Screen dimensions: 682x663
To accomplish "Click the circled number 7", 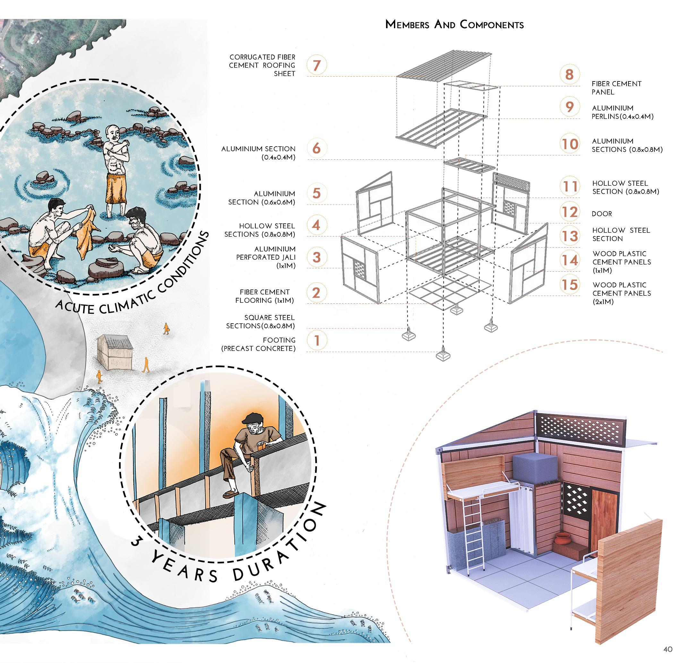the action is pyautogui.click(x=316, y=65).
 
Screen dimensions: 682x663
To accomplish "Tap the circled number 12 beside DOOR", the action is pyautogui.click(x=570, y=212).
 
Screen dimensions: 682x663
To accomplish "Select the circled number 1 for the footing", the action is pyautogui.click(x=316, y=340).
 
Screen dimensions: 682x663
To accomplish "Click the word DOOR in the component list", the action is pyautogui.click(x=601, y=214).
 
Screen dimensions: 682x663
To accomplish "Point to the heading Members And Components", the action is pyautogui.click(x=454, y=25).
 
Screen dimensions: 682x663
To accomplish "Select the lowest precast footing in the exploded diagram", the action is pyautogui.click(x=443, y=355).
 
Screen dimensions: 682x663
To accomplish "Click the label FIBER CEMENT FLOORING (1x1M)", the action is pyautogui.click(x=264, y=296).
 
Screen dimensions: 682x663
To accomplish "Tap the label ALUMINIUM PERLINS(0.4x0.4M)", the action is pyautogui.click(x=622, y=112).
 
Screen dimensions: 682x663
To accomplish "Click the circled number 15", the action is pyautogui.click(x=570, y=285).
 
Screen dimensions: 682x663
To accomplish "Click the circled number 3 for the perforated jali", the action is pyautogui.click(x=316, y=257).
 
